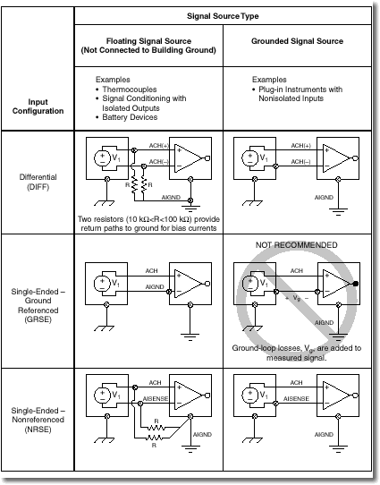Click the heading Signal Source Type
coord(223,16)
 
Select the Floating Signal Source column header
coord(148,46)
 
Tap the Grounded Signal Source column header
coord(297,41)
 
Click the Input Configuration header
coord(38,106)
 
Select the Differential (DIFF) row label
coord(38,182)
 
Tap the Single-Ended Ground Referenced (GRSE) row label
coord(38,305)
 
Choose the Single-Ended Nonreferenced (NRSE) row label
coord(38,420)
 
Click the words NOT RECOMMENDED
coord(297,245)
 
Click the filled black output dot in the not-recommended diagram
coord(356,284)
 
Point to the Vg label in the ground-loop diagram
coord(297,298)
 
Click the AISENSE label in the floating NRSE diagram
coord(156,399)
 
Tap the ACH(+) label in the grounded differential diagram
coord(301,145)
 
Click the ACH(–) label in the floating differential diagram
coord(159,161)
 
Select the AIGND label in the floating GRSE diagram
coord(155,286)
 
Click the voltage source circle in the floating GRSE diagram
coord(102,284)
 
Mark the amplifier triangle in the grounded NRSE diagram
coord(336,396)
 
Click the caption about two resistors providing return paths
coord(148,224)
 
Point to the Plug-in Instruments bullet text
coord(300,94)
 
